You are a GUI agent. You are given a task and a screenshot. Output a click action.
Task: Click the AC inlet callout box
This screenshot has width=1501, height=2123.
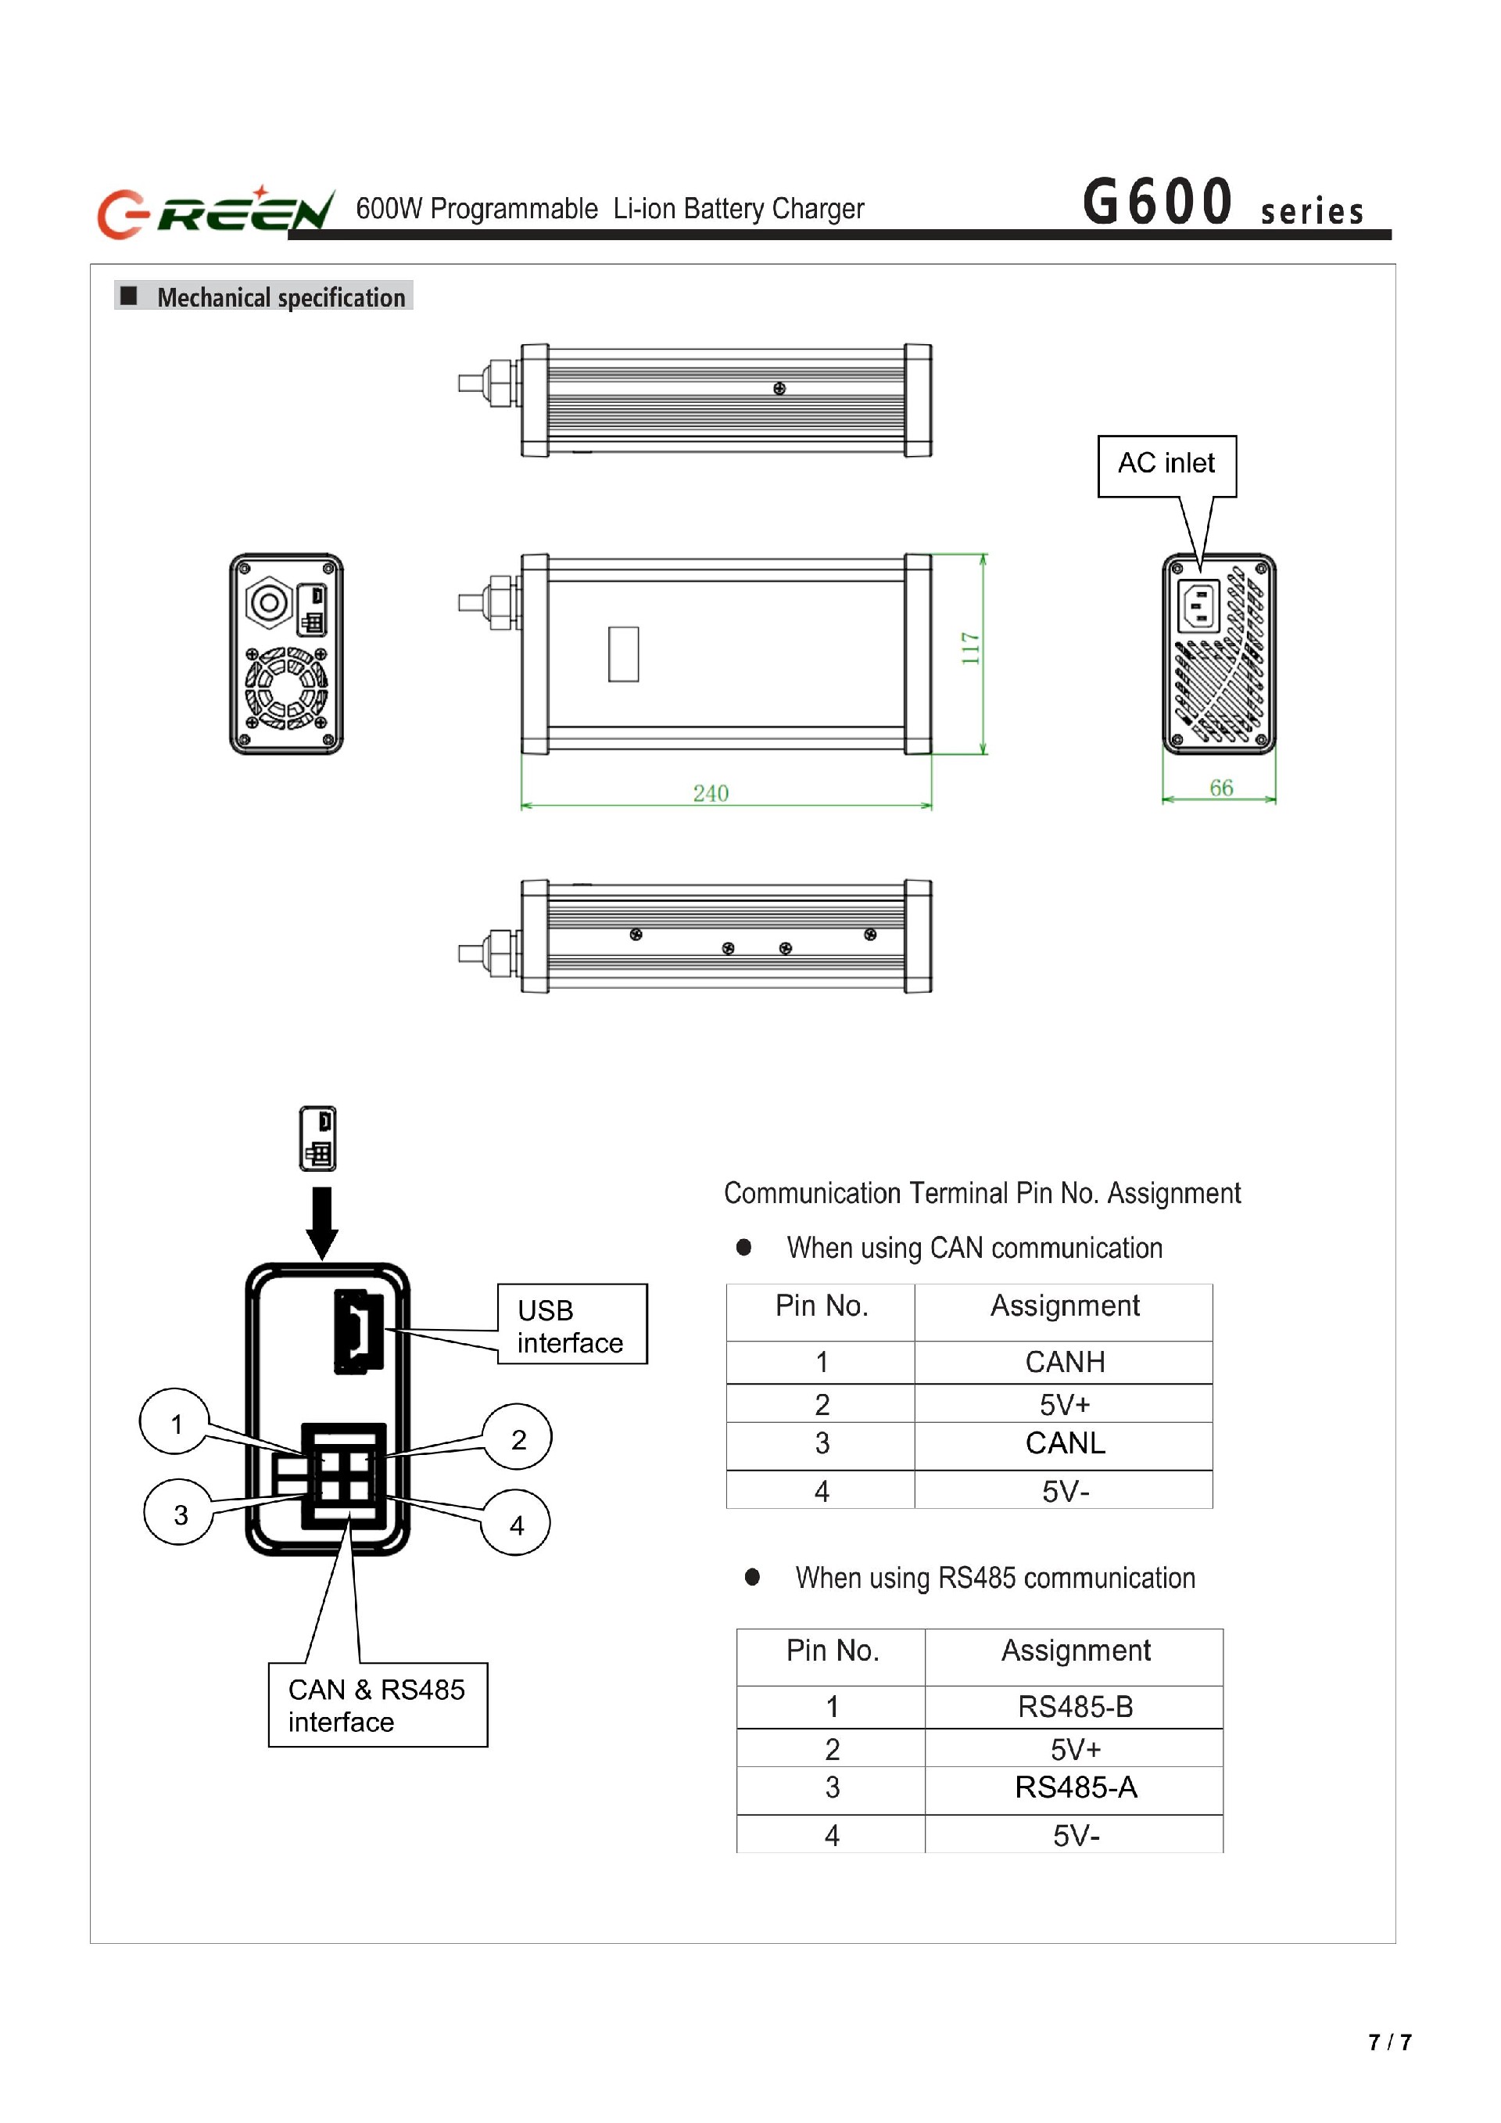(x=1166, y=466)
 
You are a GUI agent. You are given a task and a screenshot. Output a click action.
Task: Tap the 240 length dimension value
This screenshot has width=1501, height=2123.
(x=710, y=793)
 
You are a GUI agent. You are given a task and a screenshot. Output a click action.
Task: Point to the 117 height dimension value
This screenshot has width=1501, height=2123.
(x=969, y=648)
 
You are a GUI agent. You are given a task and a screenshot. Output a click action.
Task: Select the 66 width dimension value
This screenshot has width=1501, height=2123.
(x=1220, y=788)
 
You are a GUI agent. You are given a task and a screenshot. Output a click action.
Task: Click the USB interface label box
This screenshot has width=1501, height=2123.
(x=571, y=1324)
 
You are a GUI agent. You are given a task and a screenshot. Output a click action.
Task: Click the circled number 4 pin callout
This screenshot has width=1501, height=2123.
(x=516, y=1525)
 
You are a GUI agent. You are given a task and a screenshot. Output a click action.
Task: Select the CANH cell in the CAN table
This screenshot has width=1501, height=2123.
(x=1064, y=1362)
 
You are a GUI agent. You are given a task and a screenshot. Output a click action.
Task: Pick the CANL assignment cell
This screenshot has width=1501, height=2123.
(x=1064, y=1443)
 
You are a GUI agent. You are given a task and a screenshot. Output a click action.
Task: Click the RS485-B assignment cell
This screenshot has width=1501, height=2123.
(x=1074, y=1707)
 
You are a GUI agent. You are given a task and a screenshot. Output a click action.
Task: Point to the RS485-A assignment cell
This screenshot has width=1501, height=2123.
(x=1074, y=1787)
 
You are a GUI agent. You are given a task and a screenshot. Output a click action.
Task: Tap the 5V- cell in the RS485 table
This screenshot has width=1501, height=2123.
(x=1074, y=1835)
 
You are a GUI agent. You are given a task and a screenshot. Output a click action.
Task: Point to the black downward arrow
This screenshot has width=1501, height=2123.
(x=321, y=1223)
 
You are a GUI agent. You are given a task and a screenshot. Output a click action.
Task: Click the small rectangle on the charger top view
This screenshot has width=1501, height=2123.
(x=623, y=654)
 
